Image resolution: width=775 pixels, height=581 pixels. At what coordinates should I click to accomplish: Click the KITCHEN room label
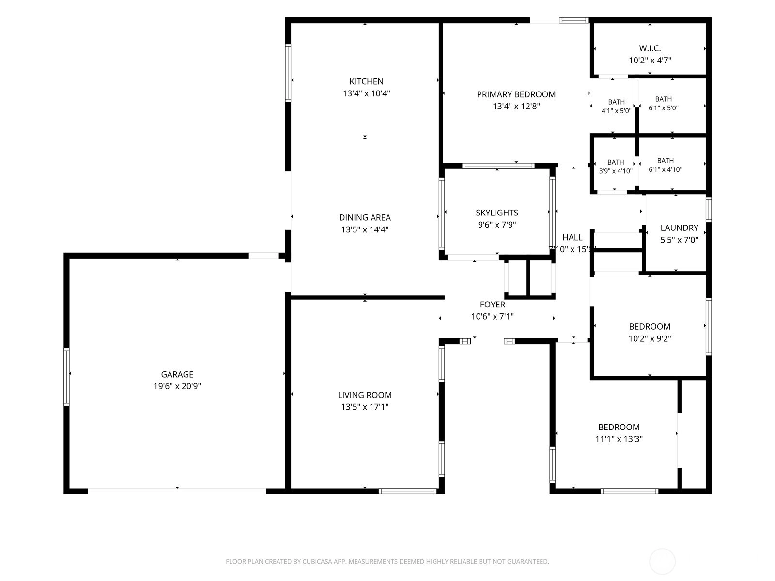coord(366,81)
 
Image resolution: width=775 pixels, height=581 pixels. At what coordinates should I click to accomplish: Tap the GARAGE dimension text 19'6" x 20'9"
coord(177,386)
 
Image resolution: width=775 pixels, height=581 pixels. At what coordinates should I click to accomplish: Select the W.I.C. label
coord(650,48)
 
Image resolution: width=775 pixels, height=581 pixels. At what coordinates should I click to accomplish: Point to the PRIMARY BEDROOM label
coord(516,94)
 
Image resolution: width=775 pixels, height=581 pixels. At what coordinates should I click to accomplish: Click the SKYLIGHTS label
coord(497,213)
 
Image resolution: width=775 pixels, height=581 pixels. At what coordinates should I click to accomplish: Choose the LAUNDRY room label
coord(679,228)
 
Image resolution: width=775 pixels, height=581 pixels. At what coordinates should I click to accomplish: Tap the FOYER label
coord(492,305)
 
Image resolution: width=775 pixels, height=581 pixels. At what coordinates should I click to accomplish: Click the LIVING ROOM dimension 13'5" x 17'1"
coord(365,407)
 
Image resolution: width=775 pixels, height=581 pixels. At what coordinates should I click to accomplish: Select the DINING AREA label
coord(365,218)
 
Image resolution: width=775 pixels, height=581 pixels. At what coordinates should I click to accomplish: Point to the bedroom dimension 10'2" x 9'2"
coord(650,338)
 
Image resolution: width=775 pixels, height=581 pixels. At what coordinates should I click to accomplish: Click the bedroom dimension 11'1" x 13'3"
coord(619,439)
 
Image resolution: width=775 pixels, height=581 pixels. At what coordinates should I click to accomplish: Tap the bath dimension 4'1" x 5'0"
coord(616,111)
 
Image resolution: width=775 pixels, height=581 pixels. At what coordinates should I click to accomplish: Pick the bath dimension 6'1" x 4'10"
coord(665,169)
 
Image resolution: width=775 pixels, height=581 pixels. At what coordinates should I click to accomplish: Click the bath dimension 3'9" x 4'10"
coord(616,171)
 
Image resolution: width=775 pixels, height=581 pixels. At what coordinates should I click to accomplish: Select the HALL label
coord(573,237)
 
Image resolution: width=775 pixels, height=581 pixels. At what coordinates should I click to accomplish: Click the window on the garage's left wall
coord(66,376)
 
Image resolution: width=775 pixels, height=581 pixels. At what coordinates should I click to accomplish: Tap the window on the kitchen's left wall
coord(288,73)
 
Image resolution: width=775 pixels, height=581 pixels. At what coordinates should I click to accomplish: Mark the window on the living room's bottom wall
coord(407,490)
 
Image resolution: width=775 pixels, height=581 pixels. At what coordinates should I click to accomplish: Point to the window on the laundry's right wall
coord(708,210)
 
